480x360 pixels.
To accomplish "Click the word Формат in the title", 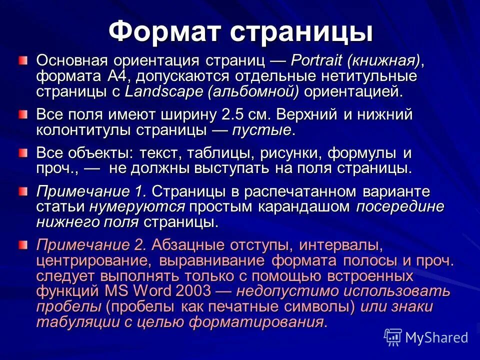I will [x=164, y=31].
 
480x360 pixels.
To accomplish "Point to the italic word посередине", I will [x=399, y=207].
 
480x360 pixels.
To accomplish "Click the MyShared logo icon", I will [x=393, y=337].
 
